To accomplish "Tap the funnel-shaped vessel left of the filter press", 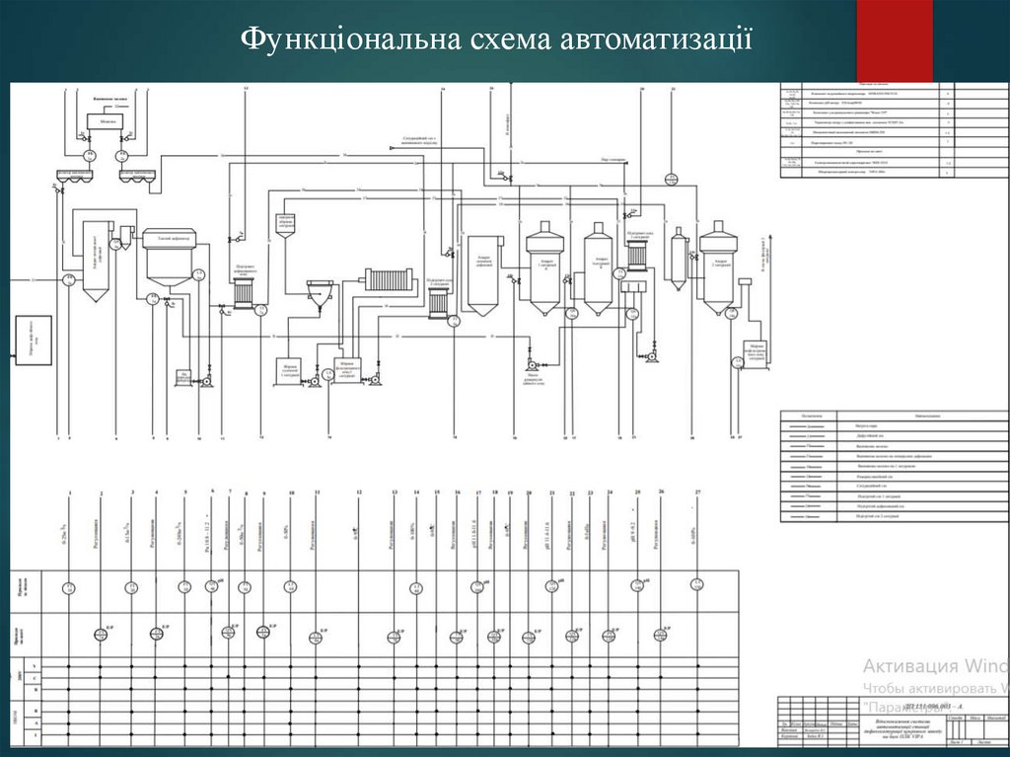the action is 321,294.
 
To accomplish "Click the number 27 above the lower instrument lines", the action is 697,491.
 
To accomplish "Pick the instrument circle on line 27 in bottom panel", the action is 697,584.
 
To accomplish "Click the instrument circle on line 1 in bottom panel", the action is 69,588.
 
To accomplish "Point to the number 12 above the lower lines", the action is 359,492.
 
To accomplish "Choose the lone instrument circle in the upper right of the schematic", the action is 672,179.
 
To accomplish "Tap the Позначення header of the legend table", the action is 812,415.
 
